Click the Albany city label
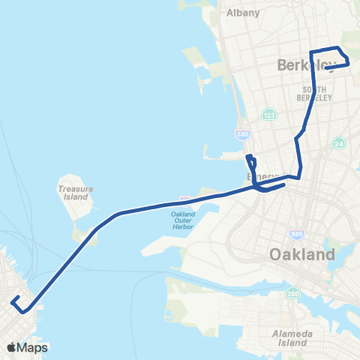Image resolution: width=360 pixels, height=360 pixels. [243, 13]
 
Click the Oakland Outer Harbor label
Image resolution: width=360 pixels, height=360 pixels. [178, 218]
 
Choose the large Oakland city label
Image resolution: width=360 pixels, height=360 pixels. [301, 255]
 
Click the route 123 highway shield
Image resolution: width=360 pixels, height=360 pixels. [268, 115]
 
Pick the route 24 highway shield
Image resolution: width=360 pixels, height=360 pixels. [339, 142]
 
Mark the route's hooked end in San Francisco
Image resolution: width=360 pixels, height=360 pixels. [14, 301]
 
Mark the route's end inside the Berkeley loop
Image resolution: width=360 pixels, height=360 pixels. [327, 68]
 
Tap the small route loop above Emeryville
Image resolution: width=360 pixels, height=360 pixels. [251, 163]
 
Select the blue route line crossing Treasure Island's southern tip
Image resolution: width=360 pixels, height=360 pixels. [93, 230]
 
